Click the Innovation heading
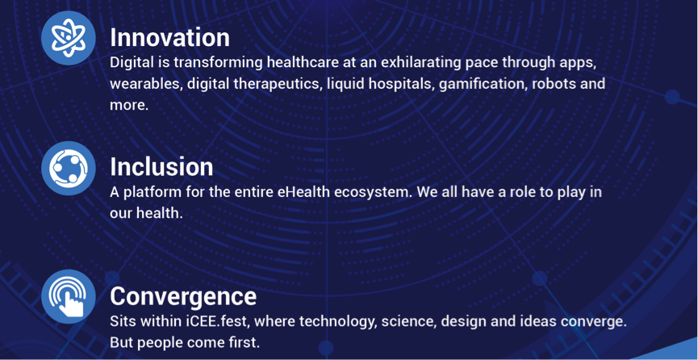point(169,37)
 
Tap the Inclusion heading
point(161,166)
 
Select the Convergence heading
point(183,297)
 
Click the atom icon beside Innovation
point(68,38)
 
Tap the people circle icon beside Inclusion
point(68,168)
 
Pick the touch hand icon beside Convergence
point(68,297)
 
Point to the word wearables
point(144,84)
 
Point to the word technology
point(338,322)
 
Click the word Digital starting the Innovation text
point(131,62)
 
